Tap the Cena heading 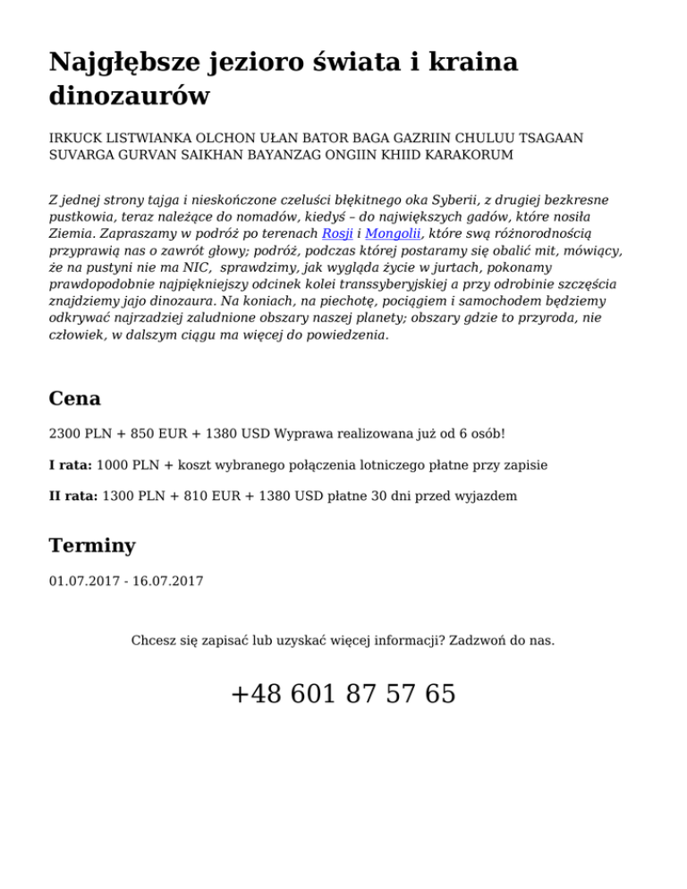coord(75,398)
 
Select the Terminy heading coord(94,546)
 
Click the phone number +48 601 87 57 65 coord(343,693)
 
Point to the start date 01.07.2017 coord(84,581)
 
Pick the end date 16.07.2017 coord(167,581)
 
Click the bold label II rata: coord(74,494)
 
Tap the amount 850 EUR coord(166,434)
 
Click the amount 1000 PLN coord(128,465)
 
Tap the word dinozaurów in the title coord(130,95)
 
